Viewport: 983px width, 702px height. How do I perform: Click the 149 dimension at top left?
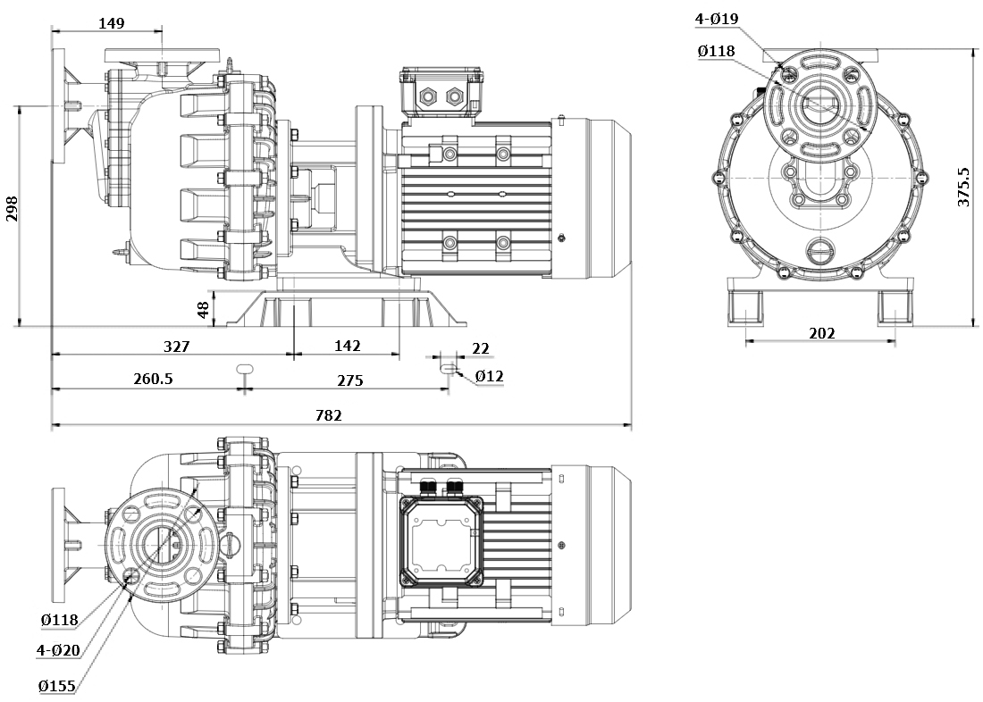click(x=111, y=23)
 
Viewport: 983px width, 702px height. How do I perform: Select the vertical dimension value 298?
click(x=12, y=208)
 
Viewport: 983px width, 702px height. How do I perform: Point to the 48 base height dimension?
click(x=204, y=310)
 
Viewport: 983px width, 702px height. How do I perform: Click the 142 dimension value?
click(x=347, y=346)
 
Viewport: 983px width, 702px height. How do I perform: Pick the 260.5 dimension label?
click(x=153, y=379)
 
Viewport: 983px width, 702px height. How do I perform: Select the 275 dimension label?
click(x=349, y=380)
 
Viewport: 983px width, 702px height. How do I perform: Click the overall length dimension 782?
click(x=328, y=415)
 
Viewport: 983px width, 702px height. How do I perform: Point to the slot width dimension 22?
click(x=481, y=348)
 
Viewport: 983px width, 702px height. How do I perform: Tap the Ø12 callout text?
click(x=489, y=376)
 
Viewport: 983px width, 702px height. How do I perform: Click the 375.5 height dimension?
click(x=964, y=186)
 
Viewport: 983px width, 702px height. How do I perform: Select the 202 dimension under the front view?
click(x=821, y=333)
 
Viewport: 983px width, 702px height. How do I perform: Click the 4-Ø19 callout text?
click(x=717, y=19)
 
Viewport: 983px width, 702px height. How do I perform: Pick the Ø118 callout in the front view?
click(x=716, y=51)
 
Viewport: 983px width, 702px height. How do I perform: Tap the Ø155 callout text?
click(x=57, y=686)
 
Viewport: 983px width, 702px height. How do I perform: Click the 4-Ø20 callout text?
click(x=59, y=651)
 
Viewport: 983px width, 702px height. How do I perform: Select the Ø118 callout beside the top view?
click(x=59, y=619)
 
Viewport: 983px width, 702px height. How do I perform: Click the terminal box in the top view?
click(x=441, y=539)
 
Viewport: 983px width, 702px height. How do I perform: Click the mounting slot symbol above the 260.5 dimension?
click(x=245, y=367)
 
